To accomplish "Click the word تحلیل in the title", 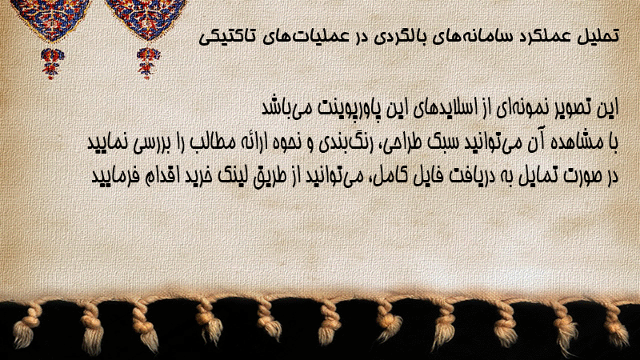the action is click(x=602, y=36).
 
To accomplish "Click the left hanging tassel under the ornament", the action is click(x=52, y=63).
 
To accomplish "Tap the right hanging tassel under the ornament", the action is click(x=148, y=63).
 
